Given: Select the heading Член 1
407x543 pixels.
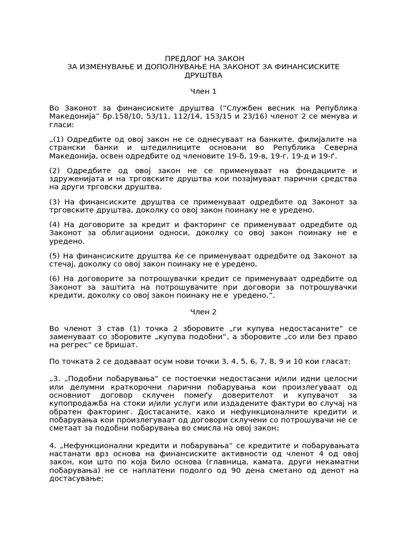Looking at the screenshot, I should point(203,92).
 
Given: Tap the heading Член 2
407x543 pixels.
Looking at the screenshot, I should point(203,312).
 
